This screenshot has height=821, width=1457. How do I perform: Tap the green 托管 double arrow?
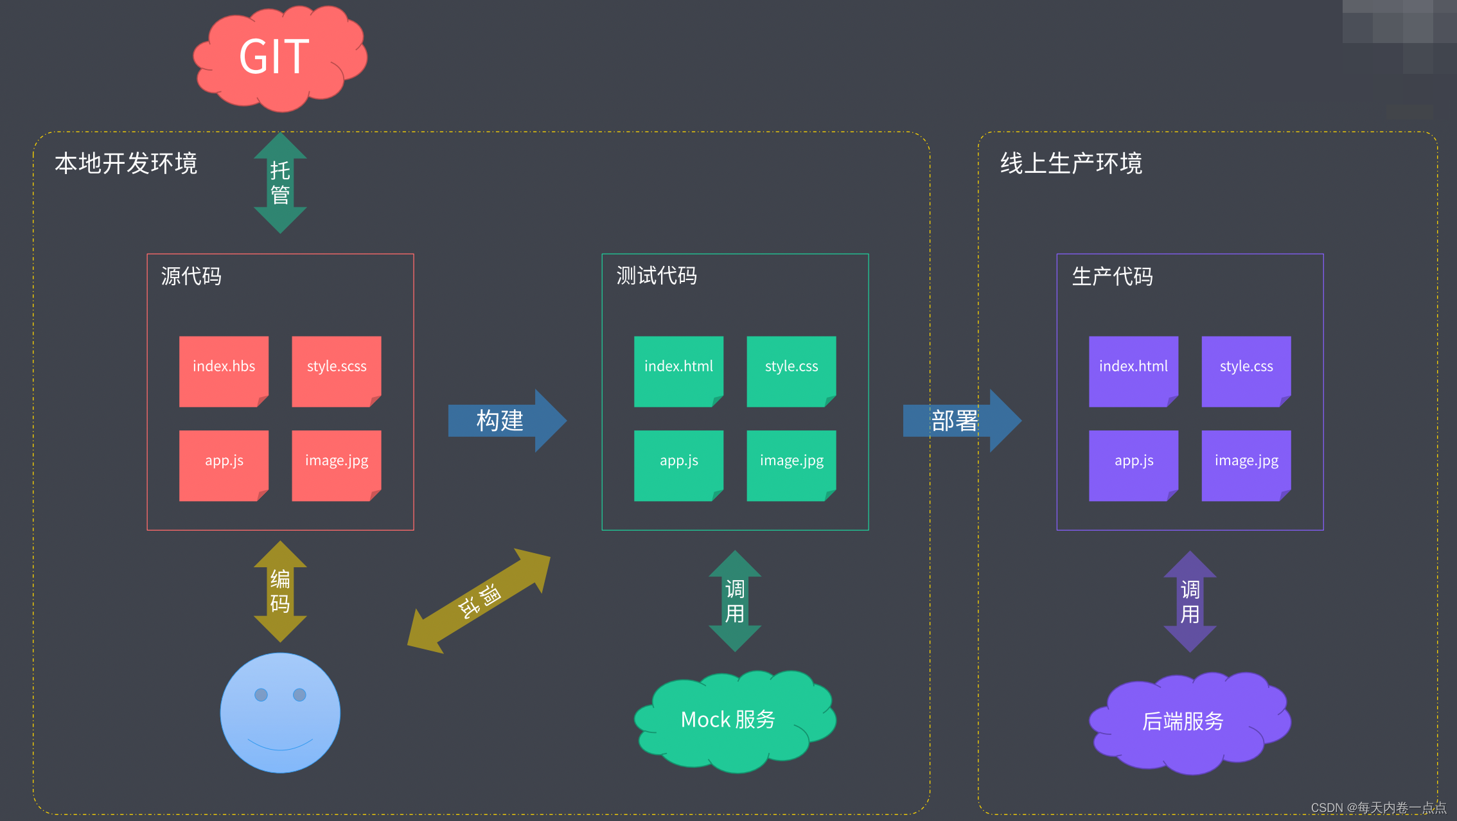pyautogui.click(x=280, y=183)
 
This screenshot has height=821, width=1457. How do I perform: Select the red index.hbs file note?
pyautogui.click(x=224, y=370)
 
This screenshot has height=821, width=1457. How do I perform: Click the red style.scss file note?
pyautogui.click(x=336, y=370)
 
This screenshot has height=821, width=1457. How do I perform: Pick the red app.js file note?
pyautogui.click(x=224, y=464)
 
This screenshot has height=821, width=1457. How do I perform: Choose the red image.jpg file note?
pyautogui.click(x=336, y=464)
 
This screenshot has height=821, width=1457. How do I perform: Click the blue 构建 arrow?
pyautogui.click(x=505, y=421)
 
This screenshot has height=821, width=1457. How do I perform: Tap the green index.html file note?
pyautogui.click(x=678, y=370)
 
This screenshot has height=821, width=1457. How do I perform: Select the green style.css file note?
pyautogui.click(x=791, y=370)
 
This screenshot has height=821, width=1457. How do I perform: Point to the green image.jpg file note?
pyautogui.click(x=791, y=464)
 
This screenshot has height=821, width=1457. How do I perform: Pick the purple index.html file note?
pyautogui.click(x=1133, y=370)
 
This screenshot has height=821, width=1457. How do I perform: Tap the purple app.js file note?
pyautogui.click(x=1133, y=464)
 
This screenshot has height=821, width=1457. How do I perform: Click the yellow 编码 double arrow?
pyautogui.click(x=280, y=591)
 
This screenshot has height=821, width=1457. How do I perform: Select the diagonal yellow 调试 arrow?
pyautogui.click(x=479, y=601)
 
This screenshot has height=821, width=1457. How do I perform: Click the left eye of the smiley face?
pyautogui.click(x=261, y=694)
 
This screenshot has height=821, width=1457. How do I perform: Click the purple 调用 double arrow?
pyautogui.click(x=1190, y=601)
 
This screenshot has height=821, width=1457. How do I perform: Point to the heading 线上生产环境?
pyautogui.click(x=1071, y=163)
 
